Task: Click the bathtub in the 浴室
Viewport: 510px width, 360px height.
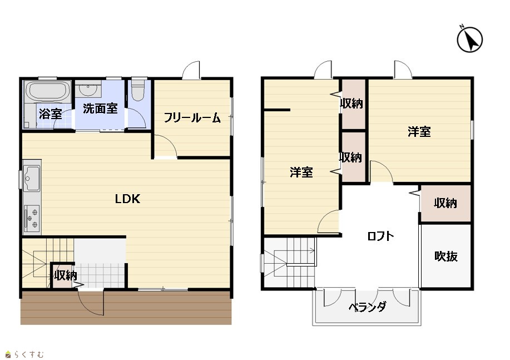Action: [48, 91]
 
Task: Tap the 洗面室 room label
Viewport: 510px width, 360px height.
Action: [100, 109]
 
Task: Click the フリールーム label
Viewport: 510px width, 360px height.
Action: [192, 117]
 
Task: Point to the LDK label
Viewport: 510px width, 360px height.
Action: [127, 199]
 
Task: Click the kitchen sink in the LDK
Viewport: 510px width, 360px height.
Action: [32, 179]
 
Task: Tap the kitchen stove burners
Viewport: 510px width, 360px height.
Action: [32, 219]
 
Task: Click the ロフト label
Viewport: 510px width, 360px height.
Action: [380, 236]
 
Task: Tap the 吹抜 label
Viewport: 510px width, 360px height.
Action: [446, 257]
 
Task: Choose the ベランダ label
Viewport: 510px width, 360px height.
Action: [368, 307]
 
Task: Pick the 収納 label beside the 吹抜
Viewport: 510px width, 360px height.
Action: [445, 203]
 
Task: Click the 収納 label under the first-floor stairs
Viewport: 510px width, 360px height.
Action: [66, 275]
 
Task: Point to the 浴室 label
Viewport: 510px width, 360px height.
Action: [51, 114]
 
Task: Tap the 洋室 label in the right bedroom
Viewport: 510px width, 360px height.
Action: [419, 132]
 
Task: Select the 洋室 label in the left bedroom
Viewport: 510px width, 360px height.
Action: [301, 172]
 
